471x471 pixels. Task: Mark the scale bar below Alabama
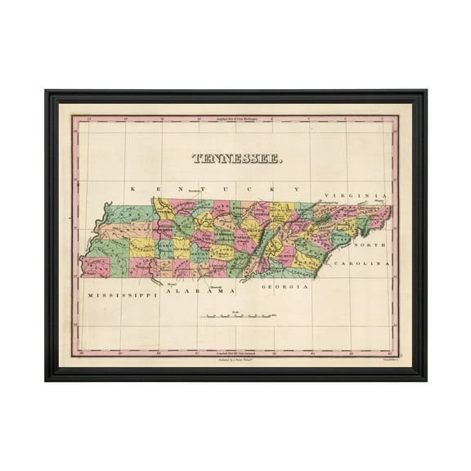pyautogui.click(x=243, y=315)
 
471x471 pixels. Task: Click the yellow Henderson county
pyautogui.click(x=143, y=246)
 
